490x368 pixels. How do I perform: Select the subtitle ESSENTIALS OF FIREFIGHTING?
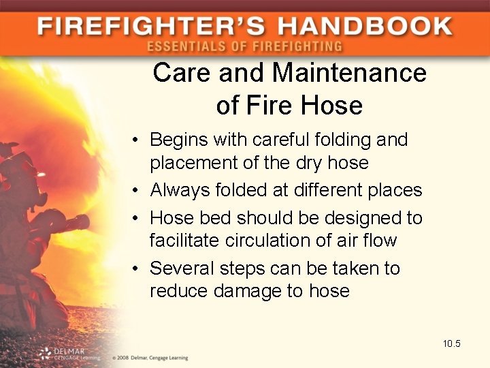244,47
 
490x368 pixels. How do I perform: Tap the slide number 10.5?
451,343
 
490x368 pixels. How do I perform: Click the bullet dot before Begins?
137,140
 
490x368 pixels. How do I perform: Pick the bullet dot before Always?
137,190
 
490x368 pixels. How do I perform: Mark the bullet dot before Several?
137,269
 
